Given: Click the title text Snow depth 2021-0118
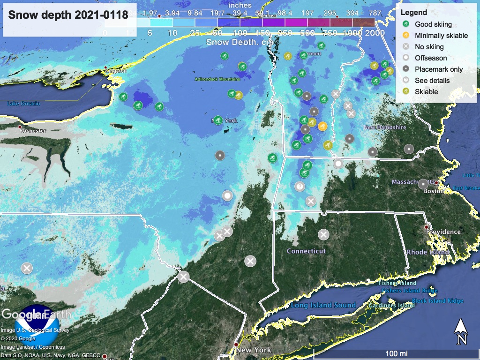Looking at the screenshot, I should [68, 15].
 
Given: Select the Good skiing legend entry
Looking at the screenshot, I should [433, 24].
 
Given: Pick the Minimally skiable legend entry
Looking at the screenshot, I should [441, 35].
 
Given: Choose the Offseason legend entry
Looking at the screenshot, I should [431, 58].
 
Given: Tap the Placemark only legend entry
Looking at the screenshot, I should [439, 69].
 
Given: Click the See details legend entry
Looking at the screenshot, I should [432, 81].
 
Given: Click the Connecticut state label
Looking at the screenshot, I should [306, 251].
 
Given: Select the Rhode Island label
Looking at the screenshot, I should [428, 252].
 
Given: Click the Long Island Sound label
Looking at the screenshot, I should [323, 305].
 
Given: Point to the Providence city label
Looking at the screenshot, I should [443, 232].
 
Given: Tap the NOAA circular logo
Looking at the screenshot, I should [37, 326].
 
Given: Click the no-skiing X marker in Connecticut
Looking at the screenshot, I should [323, 234].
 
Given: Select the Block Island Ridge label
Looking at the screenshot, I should [437, 301].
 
